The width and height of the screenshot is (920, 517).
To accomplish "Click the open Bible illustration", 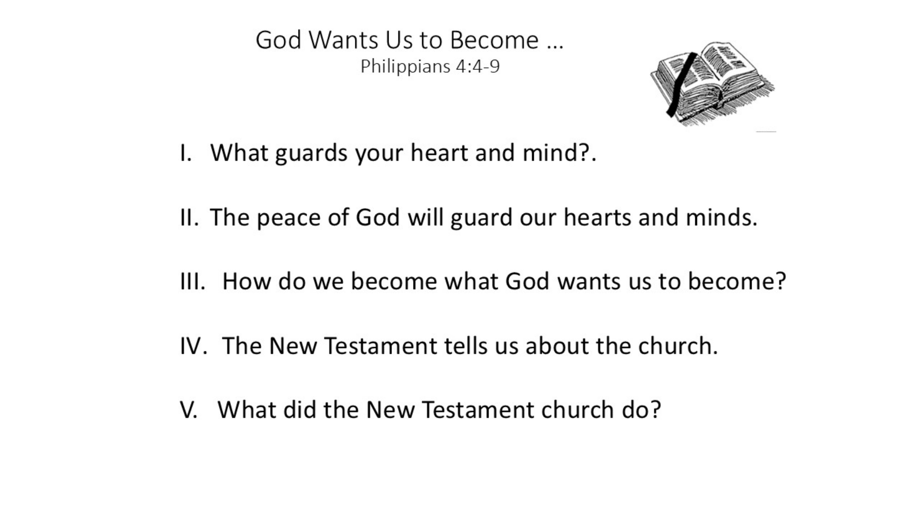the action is pyautogui.click(x=713, y=84).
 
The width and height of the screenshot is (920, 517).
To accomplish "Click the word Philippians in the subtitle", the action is pyautogui.click(x=405, y=67).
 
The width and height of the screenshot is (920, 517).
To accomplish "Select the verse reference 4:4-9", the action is pyautogui.click(x=478, y=66).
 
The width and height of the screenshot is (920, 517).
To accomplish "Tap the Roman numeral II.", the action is pyautogui.click(x=189, y=218).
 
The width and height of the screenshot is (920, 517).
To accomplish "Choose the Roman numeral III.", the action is pyautogui.click(x=193, y=281).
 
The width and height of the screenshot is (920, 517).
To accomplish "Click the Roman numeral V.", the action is pyautogui.click(x=188, y=410).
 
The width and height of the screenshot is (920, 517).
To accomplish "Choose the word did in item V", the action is pyautogui.click(x=299, y=410).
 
